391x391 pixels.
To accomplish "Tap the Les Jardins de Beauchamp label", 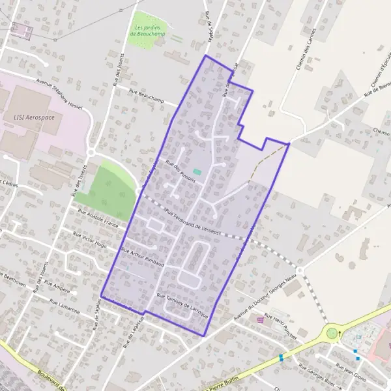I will [x=147, y=31].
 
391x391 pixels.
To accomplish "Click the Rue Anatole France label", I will [x=98, y=218].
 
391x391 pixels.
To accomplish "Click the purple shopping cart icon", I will [x=261, y=319].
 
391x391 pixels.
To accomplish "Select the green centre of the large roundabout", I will [x=332, y=334].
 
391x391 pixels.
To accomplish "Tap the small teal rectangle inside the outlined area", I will [x=197, y=171].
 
